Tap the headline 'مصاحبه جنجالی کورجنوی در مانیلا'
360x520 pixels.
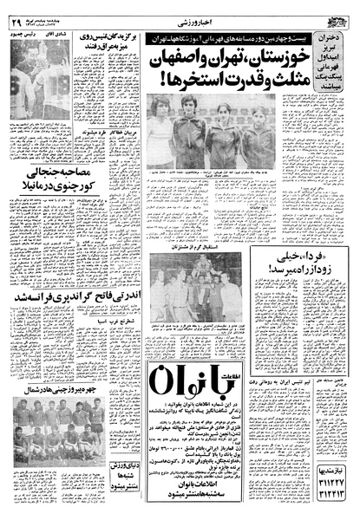[x=50, y=191]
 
